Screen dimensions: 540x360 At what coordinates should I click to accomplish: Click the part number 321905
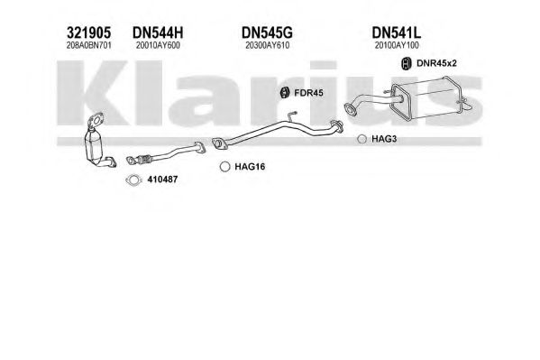click(x=88, y=33)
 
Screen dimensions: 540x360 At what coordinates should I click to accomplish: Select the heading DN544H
click(x=158, y=33)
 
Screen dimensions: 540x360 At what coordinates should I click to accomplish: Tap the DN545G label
click(x=267, y=33)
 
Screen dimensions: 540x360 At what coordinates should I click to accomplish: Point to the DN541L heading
click(x=396, y=33)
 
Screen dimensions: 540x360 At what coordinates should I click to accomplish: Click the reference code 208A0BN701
click(x=89, y=45)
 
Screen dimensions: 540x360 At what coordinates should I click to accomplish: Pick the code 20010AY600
click(x=158, y=45)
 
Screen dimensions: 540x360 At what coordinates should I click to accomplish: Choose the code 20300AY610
click(x=267, y=45)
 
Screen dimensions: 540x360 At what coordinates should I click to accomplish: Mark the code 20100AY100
click(x=397, y=45)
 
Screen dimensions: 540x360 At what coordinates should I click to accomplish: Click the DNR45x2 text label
click(x=436, y=63)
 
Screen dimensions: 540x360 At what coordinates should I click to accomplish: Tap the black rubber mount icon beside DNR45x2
click(x=407, y=63)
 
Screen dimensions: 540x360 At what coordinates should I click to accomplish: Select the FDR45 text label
click(x=308, y=93)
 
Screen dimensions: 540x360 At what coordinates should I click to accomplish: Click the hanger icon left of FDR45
click(x=285, y=92)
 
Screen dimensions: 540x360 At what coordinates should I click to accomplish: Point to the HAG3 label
click(x=384, y=139)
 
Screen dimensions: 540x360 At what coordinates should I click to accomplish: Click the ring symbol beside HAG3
click(x=362, y=139)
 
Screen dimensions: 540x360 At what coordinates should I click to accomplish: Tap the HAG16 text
click(x=250, y=167)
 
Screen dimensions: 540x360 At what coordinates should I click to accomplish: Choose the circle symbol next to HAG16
click(x=224, y=167)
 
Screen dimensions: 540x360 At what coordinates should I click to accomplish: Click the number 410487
click(x=162, y=180)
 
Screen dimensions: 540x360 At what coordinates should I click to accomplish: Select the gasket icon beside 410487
click(x=134, y=180)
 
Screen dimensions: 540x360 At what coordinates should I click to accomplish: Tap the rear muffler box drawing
click(x=431, y=99)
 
